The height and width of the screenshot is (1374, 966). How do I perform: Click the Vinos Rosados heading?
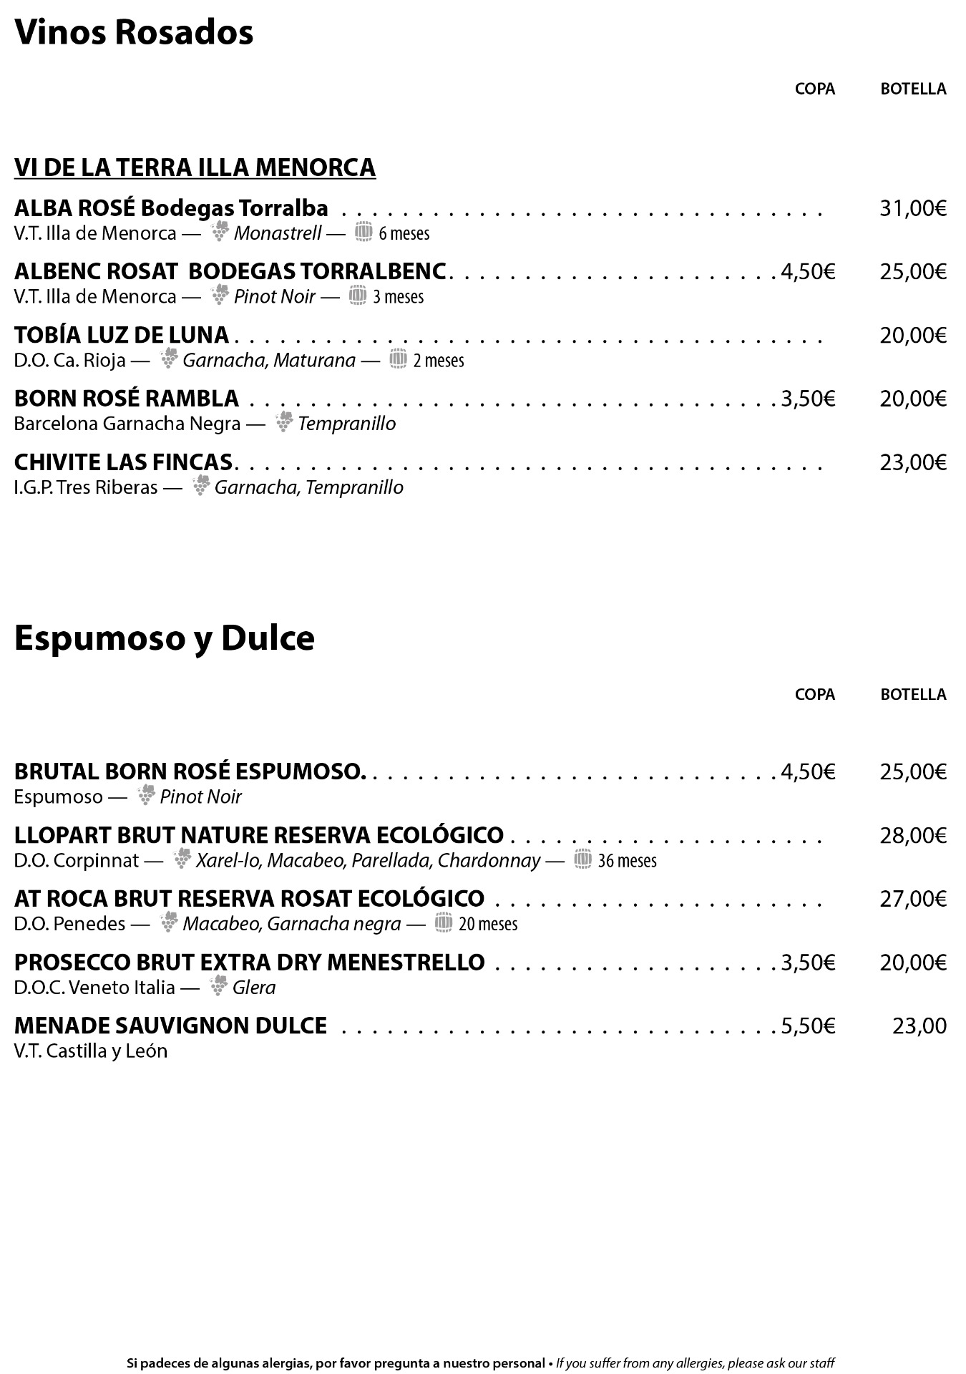coord(134,33)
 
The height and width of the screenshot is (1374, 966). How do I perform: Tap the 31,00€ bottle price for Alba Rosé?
coord(913,208)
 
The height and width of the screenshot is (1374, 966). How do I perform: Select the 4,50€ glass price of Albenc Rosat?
coord(808,272)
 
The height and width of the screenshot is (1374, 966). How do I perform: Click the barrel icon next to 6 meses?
coord(364,232)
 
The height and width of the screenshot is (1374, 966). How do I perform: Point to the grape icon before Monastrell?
coord(220,231)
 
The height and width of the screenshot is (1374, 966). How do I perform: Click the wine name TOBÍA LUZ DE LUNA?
coord(122,335)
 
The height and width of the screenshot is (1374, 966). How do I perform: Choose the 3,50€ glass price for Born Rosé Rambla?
coord(808,399)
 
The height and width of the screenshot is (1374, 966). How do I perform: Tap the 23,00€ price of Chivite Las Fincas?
coord(913,462)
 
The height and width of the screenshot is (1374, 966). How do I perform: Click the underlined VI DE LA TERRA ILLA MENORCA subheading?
coord(195,167)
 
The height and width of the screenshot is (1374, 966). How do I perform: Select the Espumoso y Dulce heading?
coord(165,638)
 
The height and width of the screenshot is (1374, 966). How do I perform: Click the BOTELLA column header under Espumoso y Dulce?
coord(913,694)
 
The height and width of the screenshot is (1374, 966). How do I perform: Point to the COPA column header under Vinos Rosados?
coord(815,89)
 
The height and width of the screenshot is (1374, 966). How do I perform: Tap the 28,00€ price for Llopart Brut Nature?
coord(913,835)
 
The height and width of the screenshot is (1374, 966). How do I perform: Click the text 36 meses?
coord(627,860)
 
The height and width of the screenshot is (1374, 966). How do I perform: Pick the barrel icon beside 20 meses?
coord(444,922)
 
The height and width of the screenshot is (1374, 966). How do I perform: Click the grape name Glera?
coord(254,988)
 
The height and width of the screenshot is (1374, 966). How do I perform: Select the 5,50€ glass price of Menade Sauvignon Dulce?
coord(808,1026)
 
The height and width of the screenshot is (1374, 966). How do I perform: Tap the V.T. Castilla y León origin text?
coord(91,1051)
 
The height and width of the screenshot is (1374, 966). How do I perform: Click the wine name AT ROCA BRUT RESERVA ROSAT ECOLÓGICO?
coord(249,899)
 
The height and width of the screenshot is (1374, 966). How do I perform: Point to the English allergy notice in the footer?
coord(696,1363)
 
